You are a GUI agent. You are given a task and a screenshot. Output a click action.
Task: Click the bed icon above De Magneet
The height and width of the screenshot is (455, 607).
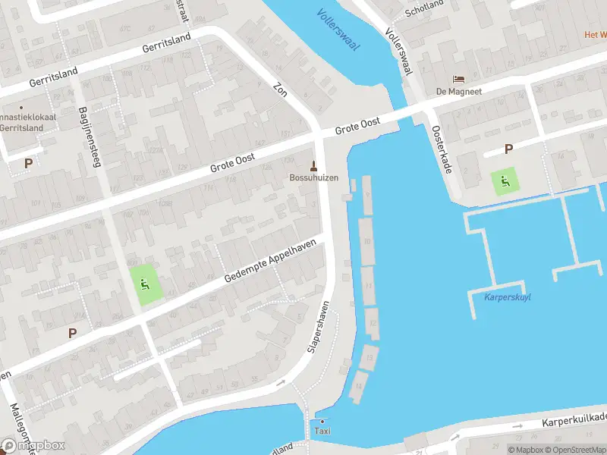(x=458, y=79)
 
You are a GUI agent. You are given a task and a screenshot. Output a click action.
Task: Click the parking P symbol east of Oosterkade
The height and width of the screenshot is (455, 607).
(x=508, y=149)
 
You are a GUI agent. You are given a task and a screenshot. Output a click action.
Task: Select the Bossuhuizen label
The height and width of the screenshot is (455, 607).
(x=313, y=178)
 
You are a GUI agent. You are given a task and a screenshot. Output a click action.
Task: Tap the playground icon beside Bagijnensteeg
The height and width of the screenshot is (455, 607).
(x=145, y=286)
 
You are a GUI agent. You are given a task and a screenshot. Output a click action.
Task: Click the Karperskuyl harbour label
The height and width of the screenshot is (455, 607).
(x=507, y=297)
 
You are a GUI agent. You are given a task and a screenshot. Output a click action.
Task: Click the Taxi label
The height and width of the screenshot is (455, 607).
(x=322, y=431)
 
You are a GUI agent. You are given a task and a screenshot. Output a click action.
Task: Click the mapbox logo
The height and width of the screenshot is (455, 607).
(x=33, y=445)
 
